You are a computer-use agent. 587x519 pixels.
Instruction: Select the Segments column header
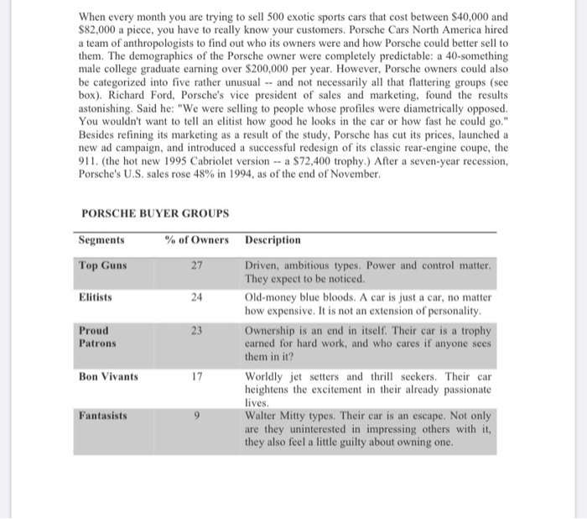click(101, 240)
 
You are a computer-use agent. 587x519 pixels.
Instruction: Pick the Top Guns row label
click(103, 265)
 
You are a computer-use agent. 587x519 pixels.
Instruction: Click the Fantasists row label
click(104, 415)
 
